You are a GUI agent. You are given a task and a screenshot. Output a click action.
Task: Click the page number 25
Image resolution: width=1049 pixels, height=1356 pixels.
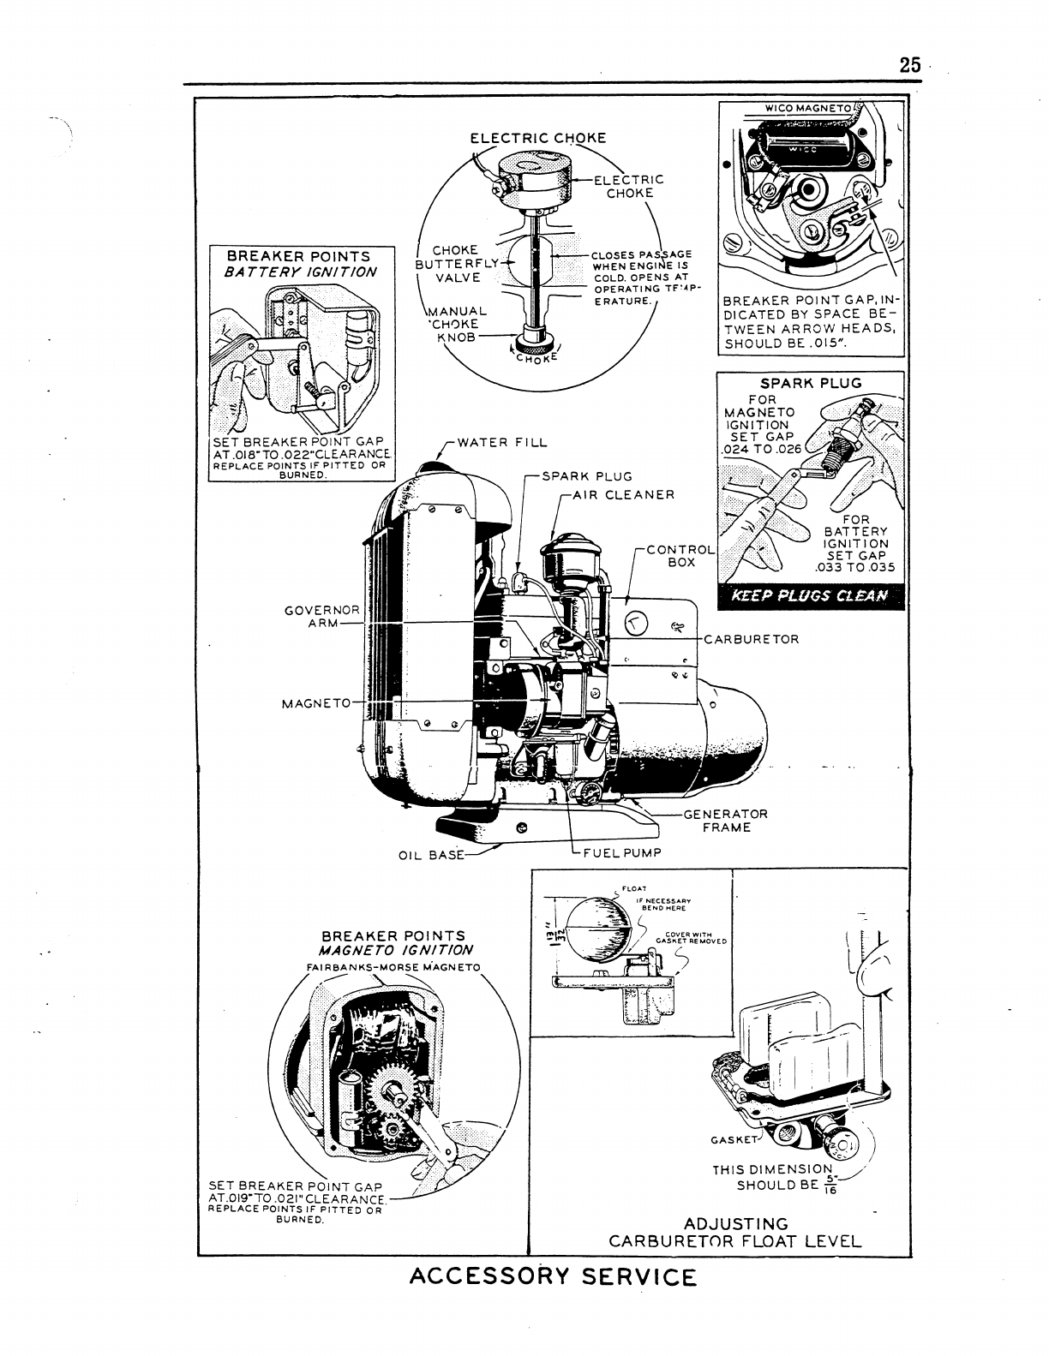[909, 65]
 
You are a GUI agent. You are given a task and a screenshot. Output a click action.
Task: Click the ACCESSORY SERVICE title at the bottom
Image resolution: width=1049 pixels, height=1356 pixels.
[554, 1276]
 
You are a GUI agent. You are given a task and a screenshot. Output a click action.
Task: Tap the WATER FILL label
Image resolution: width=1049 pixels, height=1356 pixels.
[502, 443]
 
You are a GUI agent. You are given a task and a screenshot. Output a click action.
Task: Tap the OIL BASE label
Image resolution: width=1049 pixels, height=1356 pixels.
[431, 855]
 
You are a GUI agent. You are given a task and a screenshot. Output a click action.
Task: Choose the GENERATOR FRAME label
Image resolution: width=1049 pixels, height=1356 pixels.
[725, 821]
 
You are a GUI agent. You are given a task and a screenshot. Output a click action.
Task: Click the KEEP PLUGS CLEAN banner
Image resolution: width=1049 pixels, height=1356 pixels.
[810, 597]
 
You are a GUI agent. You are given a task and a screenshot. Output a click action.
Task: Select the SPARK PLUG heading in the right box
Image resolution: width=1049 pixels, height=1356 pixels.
[811, 383]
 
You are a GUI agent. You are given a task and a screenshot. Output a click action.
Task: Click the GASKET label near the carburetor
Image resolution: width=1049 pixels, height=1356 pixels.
[735, 1139]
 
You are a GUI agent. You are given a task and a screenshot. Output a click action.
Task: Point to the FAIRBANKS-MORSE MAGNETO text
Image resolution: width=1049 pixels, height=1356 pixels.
[393, 968]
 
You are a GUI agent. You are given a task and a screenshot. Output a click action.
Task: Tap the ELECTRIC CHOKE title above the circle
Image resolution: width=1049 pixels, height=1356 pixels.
[537, 138]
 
